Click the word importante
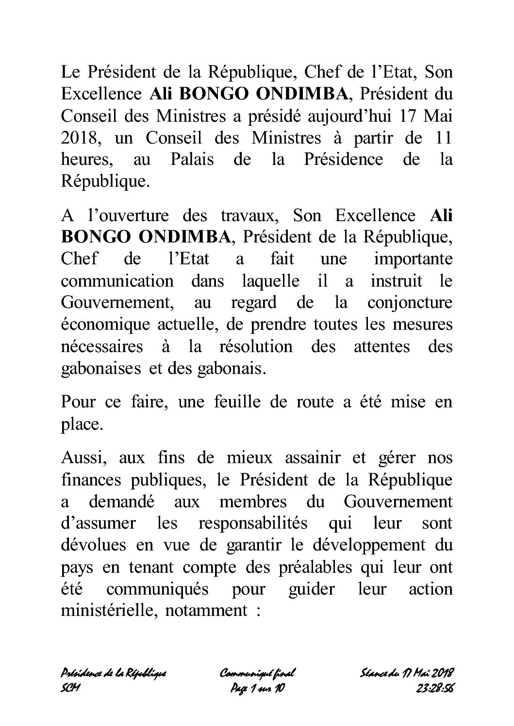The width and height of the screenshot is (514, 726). (413, 259)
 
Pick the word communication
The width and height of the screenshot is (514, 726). (117, 281)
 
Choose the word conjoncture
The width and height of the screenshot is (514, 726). (410, 303)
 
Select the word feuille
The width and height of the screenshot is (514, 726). (222, 402)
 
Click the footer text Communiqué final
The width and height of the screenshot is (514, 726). (258, 673)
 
